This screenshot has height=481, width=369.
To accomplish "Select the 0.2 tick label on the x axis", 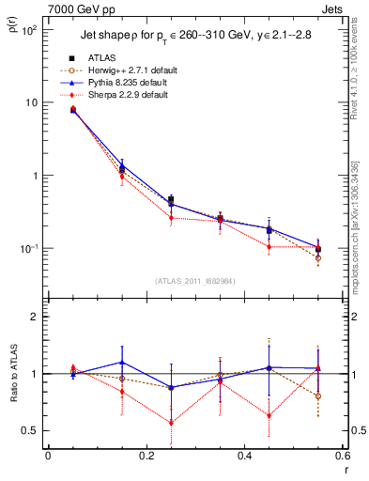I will point(146,457).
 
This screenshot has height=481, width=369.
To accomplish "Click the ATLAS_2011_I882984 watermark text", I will point(194,280).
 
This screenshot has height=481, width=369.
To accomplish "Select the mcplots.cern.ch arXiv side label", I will point(355,225).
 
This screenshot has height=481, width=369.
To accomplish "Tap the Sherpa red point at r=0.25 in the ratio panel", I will point(171,423).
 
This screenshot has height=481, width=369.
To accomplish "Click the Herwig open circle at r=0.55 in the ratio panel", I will point(318,396).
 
